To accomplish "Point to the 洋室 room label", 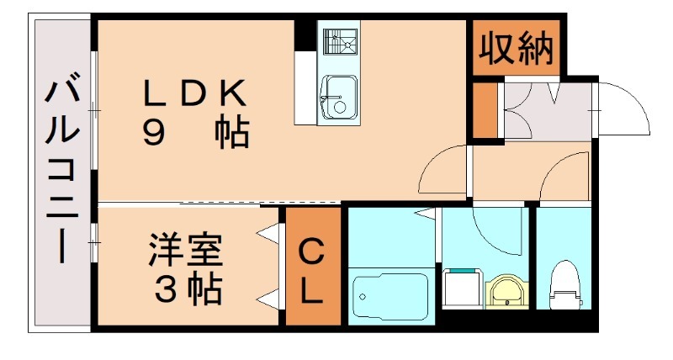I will [186, 252].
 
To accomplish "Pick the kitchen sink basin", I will [337, 97].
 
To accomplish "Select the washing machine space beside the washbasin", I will [460, 290].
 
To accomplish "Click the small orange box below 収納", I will [485, 110].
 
